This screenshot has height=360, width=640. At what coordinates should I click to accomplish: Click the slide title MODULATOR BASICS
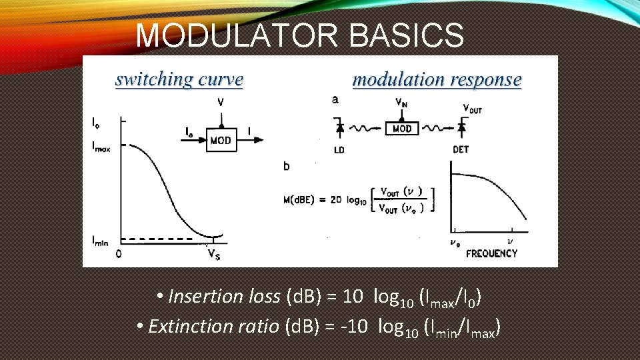point(299,35)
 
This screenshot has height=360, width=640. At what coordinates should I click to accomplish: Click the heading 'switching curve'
point(179,79)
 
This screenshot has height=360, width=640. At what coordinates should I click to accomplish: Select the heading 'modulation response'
point(437,80)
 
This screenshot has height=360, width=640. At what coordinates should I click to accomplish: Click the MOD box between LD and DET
point(402,127)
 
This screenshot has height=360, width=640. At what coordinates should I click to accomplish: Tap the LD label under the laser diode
point(339,150)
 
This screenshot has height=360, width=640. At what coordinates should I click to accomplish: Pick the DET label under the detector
point(461,150)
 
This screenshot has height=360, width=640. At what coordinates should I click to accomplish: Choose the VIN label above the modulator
point(401,103)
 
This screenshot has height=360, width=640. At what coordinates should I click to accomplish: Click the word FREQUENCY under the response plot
point(491,253)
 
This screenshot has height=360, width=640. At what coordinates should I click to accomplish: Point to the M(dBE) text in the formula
point(305,199)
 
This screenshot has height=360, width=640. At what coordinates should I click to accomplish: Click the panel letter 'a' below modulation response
point(335,100)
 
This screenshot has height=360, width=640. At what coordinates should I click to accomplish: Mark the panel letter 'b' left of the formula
point(287,165)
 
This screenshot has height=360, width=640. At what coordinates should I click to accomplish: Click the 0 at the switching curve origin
point(118,253)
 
